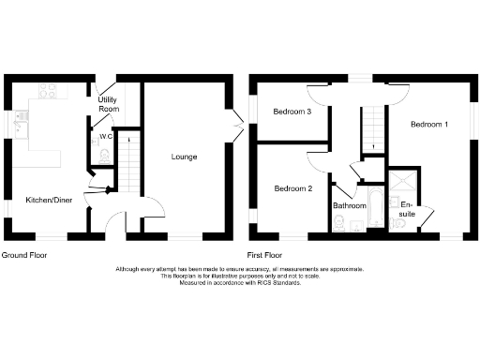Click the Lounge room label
click(184, 157)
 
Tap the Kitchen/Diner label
click(49, 200)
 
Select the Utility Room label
click(109, 103)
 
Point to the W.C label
click(105, 136)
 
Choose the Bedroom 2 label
click(292, 188)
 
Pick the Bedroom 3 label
click(292, 112)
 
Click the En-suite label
click(406, 208)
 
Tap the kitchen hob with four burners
click(47, 94)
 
